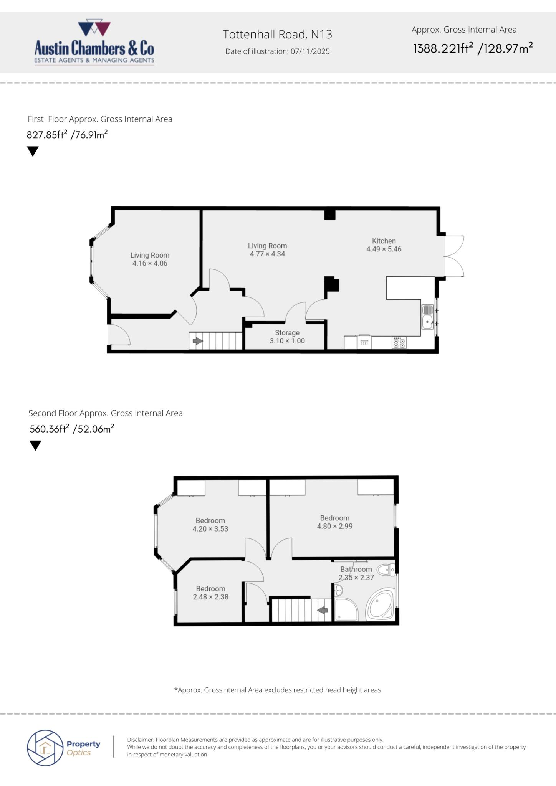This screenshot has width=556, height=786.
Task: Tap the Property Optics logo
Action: [x=64, y=748]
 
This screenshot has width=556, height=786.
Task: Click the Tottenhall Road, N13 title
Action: [x=277, y=35]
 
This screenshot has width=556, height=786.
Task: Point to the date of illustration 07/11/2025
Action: [x=277, y=51]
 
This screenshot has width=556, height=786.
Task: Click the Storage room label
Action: [x=287, y=333]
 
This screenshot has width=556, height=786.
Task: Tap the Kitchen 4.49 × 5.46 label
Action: [x=384, y=245]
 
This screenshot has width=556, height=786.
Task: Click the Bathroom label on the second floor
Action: [x=356, y=569]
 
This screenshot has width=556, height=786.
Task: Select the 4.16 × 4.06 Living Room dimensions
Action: [x=150, y=263]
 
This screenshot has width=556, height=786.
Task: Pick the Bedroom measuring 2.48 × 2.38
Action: [x=210, y=593]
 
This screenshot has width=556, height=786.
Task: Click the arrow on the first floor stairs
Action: [x=197, y=341]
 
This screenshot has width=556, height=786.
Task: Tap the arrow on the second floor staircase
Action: [x=322, y=609]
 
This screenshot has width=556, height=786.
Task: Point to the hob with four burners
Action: [x=399, y=342]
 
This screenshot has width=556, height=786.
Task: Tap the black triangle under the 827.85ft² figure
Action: [x=33, y=151]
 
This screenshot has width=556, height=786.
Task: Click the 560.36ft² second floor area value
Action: [x=49, y=429]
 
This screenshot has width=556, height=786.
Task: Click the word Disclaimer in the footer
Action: [x=140, y=740]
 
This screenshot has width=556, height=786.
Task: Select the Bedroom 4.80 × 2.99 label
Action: [x=334, y=522]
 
